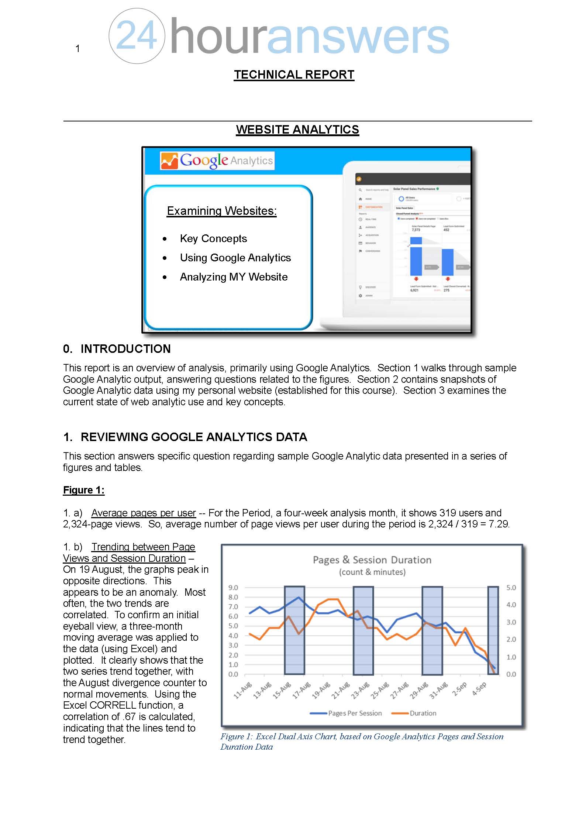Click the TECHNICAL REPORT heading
click(x=294, y=75)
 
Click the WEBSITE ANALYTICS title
click(x=297, y=130)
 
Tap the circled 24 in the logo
click(x=137, y=36)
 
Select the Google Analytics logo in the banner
click(x=217, y=161)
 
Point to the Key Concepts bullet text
click(x=213, y=238)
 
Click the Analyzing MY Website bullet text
click(x=234, y=277)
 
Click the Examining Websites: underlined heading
click(x=221, y=211)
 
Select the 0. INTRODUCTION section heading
click(x=117, y=349)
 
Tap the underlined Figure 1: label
click(x=84, y=490)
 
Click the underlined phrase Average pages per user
click(x=144, y=513)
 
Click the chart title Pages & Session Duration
click(x=372, y=560)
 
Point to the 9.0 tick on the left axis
click(x=233, y=588)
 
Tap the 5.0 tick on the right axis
click(x=511, y=588)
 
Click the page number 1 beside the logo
click(x=77, y=48)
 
